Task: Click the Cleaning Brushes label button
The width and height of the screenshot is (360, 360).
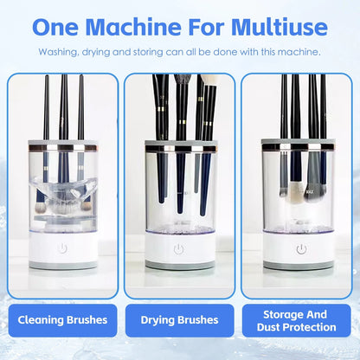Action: pos(62,320)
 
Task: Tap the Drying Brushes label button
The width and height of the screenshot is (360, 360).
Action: pos(179,320)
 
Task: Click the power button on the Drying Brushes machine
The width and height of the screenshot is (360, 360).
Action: pos(179,249)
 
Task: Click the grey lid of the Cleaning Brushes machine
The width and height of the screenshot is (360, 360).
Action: pos(62,144)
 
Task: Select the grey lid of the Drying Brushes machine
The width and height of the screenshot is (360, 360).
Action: pos(179,144)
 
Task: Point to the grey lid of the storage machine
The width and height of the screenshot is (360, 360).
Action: pos(297,144)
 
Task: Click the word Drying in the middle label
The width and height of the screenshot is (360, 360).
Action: pos(159,320)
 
